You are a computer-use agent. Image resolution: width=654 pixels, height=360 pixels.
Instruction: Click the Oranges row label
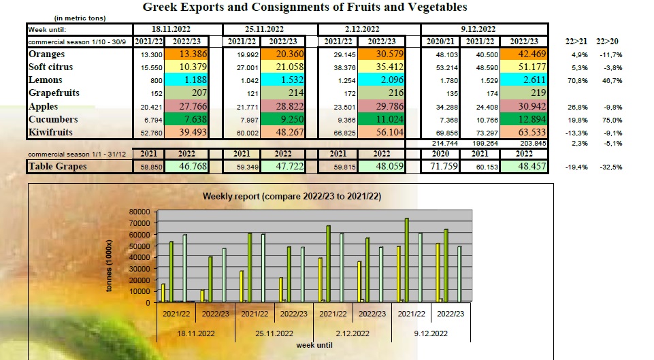(46, 54)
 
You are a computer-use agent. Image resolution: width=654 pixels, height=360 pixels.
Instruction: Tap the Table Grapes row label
(59, 165)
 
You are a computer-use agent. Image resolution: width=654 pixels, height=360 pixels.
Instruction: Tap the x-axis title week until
(316, 344)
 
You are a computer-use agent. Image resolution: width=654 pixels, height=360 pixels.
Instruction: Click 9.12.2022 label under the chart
(431, 333)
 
